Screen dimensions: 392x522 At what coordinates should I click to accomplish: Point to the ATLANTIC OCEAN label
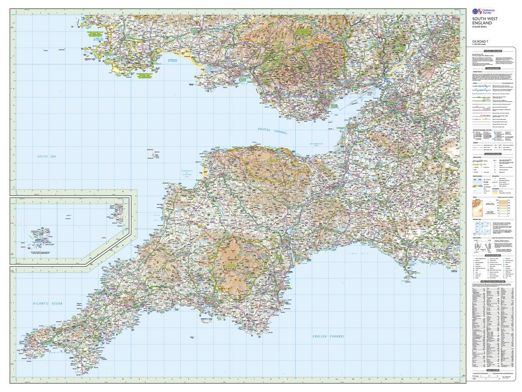48,303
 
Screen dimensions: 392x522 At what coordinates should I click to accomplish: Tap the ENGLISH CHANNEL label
328,336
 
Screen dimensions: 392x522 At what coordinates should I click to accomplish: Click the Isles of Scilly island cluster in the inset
36,237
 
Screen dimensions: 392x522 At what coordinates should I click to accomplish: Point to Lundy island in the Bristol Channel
153,153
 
